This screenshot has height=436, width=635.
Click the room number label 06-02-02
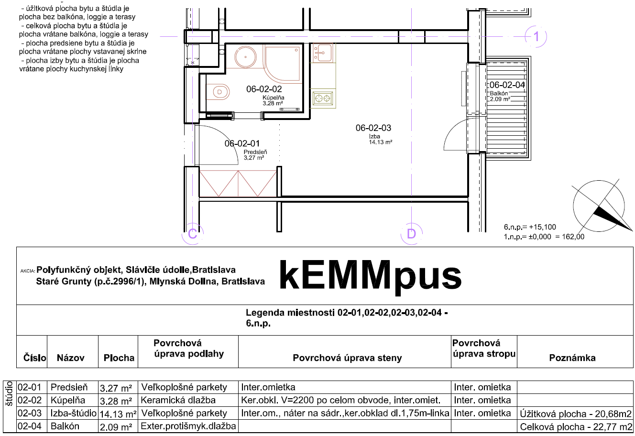coord(264,89)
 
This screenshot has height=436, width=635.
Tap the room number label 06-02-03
coord(373,128)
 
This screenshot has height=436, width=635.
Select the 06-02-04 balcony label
coord(507,85)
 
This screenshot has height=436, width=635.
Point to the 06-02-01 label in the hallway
coord(242,143)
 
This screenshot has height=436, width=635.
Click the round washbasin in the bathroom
coord(245,57)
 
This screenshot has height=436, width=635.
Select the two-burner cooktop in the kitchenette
coord(323,98)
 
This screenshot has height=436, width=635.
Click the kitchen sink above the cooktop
coord(323,53)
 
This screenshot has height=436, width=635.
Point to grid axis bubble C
coord(193,234)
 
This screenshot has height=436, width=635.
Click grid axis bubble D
coord(412,234)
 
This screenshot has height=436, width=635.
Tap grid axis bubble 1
coord(536,36)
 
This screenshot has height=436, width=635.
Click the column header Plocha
coord(119,358)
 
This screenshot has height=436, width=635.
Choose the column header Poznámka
coord(572,358)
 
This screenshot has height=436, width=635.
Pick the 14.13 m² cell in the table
coord(118,414)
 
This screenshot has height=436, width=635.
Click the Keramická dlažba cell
coord(178,400)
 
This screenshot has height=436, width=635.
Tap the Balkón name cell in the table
coord(65,426)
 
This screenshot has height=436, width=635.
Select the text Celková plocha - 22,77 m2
coord(576,426)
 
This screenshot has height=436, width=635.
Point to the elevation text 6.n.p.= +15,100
coord(530,227)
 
